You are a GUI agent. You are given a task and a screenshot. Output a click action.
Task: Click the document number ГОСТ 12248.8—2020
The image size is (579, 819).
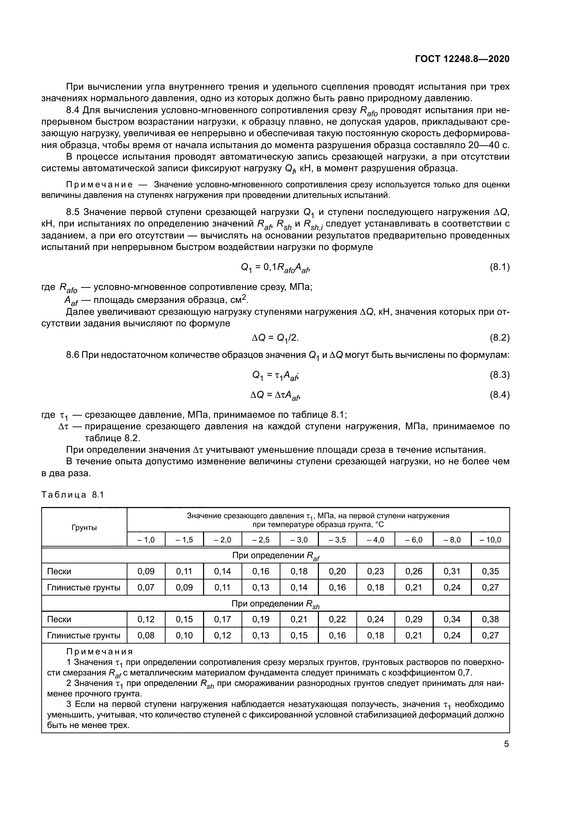[x=462, y=59]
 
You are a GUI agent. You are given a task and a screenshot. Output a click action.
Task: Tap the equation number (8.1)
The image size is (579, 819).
[x=499, y=267]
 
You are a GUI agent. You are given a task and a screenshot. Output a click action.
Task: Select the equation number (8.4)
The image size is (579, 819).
[x=499, y=395]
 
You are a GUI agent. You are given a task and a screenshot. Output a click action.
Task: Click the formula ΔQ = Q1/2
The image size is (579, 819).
[x=275, y=338]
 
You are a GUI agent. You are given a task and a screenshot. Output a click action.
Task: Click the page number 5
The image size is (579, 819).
[x=506, y=744]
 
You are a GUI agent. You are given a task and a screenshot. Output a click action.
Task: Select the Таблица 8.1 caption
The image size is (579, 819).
[x=72, y=495]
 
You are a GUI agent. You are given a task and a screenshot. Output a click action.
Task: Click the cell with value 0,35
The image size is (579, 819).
[x=490, y=571]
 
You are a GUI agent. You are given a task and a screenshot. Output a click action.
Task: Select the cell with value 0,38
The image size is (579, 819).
[x=490, y=619]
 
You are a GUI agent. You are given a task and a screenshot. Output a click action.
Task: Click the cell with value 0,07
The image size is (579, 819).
[x=146, y=588]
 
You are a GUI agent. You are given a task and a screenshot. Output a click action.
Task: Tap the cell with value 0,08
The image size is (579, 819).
[x=146, y=635]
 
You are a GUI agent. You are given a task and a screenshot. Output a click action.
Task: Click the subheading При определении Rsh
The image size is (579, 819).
[x=275, y=604]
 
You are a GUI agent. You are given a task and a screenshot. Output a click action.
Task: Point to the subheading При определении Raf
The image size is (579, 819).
[x=275, y=556]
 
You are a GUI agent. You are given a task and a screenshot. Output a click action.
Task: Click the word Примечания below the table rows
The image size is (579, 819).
[x=99, y=652]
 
